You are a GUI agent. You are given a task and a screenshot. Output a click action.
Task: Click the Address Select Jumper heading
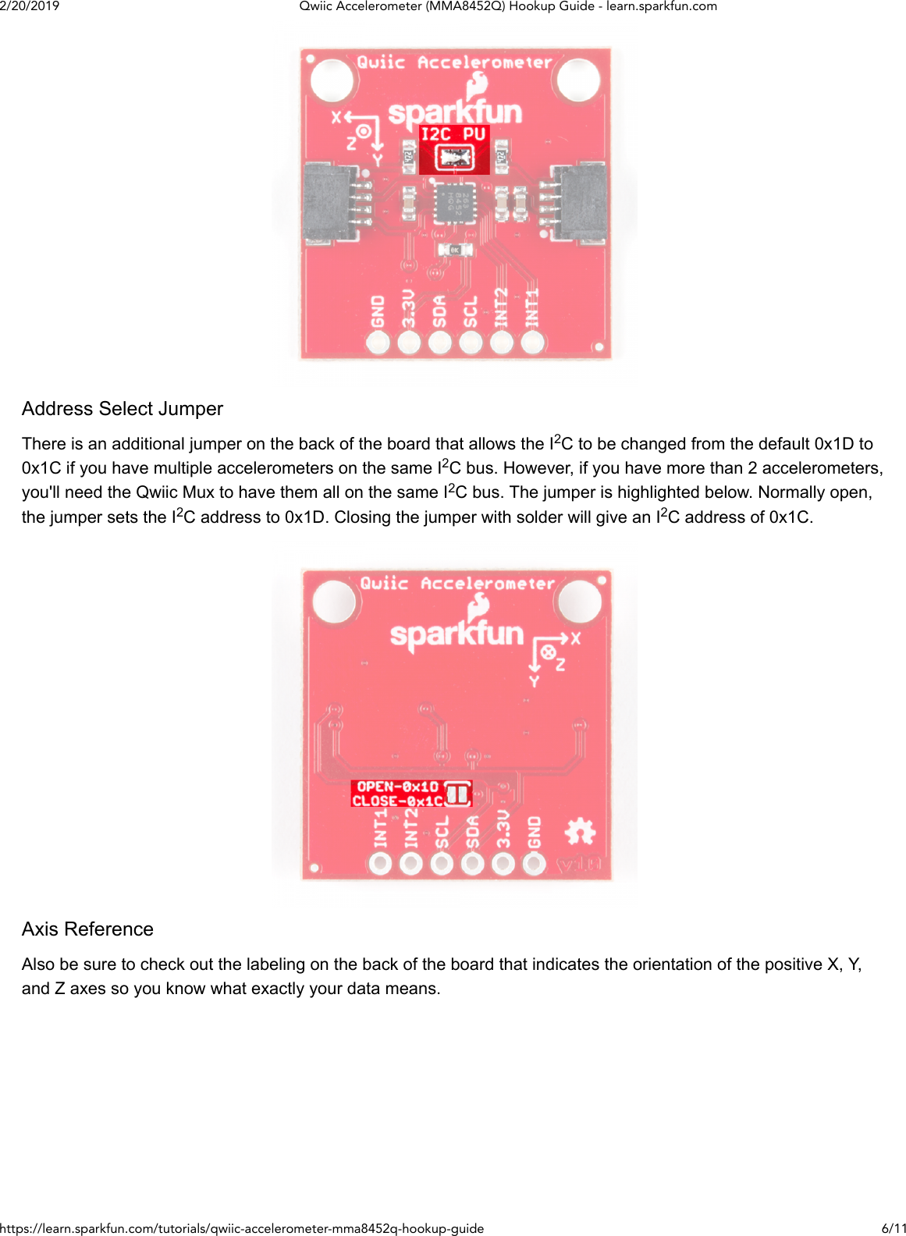[123, 409]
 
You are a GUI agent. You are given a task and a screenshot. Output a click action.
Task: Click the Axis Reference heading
[87, 929]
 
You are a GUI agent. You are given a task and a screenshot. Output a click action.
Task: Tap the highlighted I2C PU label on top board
[453, 134]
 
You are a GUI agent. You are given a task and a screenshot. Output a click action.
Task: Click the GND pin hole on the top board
[378, 342]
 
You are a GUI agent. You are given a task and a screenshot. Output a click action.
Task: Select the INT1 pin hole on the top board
[532, 342]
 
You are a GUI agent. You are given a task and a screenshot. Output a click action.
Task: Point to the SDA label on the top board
[439, 311]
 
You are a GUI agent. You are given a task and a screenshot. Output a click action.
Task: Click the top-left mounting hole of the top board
[332, 79]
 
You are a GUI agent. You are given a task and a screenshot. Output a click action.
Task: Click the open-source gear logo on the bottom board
[580, 832]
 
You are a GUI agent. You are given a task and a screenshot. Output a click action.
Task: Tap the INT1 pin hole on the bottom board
[380, 863]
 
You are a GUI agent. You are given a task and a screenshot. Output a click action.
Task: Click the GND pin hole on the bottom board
[534, 863]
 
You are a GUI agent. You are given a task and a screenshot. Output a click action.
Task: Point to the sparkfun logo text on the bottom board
[457, 634]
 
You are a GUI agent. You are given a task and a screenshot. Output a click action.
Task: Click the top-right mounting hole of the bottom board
[580, 602]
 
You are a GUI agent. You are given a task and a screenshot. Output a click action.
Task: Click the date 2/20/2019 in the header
[30, 6]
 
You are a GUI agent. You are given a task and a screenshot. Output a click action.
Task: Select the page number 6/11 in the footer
[894, 1228]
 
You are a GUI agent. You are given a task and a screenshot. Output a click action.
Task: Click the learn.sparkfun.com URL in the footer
[242, 1228]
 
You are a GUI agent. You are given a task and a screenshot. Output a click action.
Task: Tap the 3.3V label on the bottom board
[503, 829]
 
